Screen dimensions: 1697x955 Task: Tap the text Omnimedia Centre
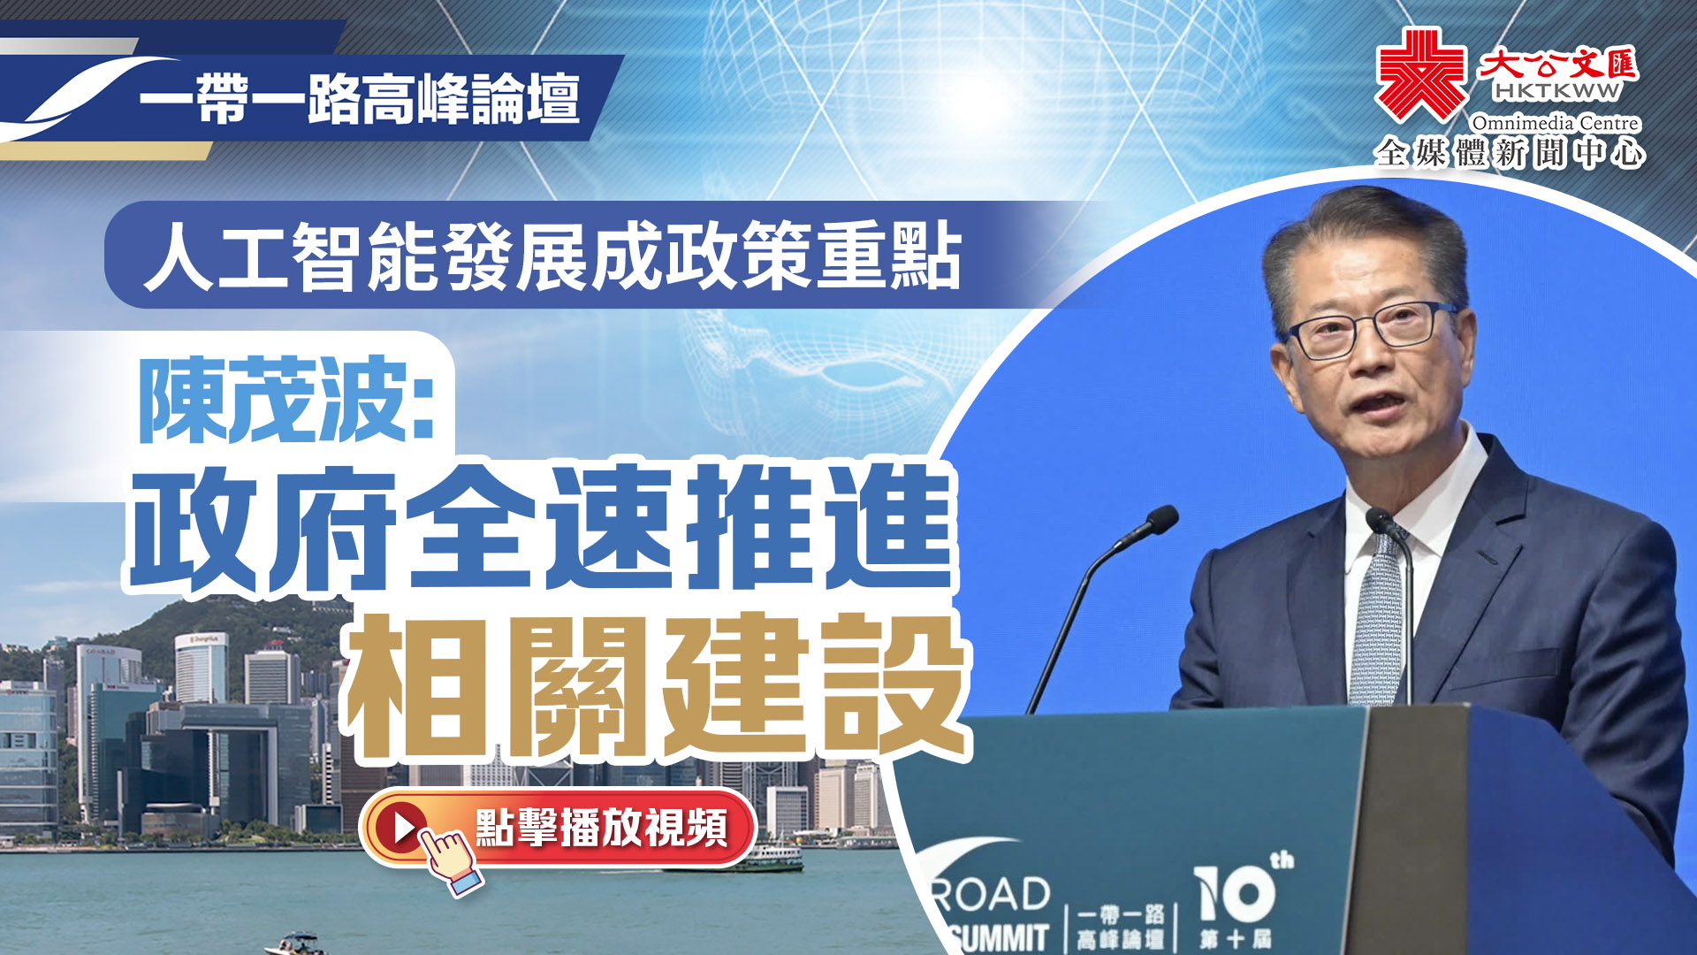point(1556,123)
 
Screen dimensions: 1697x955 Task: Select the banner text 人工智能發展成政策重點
point(552,256)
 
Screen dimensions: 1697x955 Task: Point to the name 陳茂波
point(274,400)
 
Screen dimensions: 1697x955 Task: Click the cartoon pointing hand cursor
point(450,859)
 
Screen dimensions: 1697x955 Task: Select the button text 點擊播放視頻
point(601,828)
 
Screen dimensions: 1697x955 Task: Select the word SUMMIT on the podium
point(1001,938)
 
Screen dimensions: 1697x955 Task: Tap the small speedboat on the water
point(298,944)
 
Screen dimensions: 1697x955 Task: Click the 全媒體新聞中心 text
point(1510,153)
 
